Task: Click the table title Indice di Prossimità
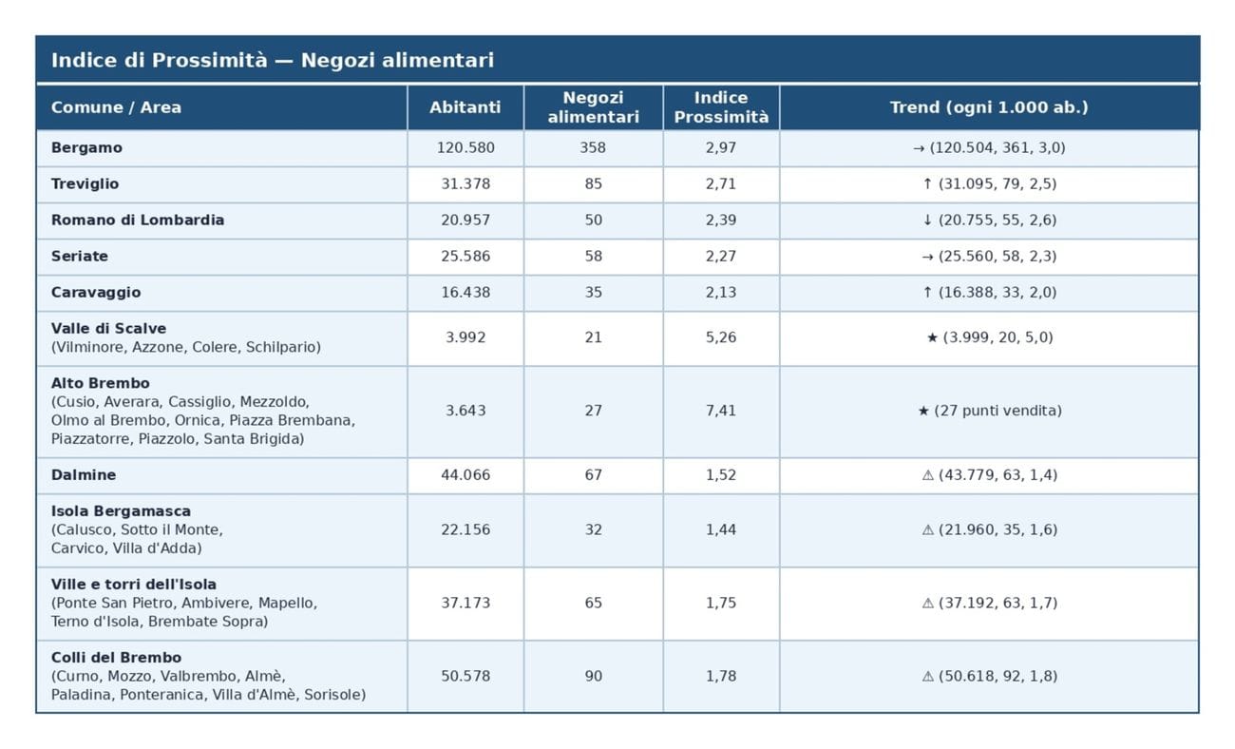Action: click(272, 61)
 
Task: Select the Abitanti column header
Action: click(465, 107)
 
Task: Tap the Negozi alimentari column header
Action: click(593, 107)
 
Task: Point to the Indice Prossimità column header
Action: click(721, 107)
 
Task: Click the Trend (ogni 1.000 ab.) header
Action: click(988, 107)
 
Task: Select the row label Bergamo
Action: click(86, 148)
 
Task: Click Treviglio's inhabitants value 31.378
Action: click(465, 184)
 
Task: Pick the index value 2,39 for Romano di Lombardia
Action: click(721, 221)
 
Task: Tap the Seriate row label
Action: click(80, 257)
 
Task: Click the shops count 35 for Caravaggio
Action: click(593, 293)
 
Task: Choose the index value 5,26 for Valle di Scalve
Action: click(721, 337)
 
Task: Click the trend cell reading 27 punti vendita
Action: click(989, 411)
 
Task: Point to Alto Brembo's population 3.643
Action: click(465, 411)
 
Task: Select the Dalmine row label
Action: click(84, 475)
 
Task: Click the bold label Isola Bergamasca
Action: click(121, 511)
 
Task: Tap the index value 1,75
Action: click(721, 603)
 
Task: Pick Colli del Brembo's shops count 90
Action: click(593, 676)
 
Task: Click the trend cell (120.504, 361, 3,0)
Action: click(989, 148)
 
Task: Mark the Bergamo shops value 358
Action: click(593, 148)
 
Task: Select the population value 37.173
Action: click(465, 603)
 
